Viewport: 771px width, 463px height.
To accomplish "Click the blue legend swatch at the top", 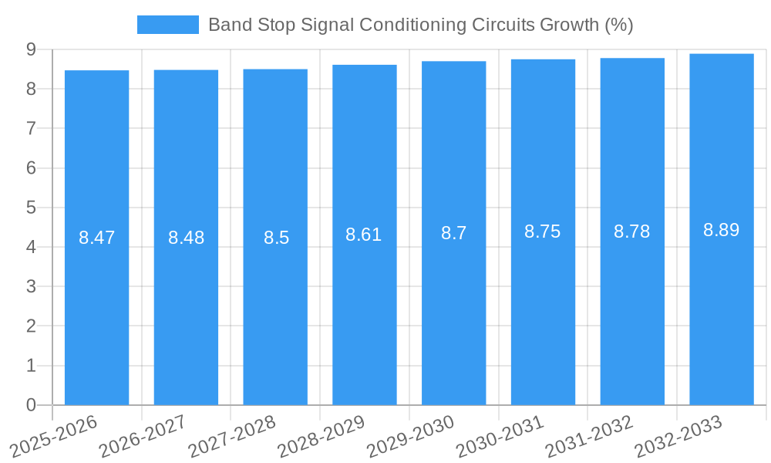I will tap(167, 25).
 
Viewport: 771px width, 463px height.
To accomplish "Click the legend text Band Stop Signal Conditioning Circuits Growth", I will tap(420, 25).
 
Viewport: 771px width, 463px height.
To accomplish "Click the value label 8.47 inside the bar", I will tap(96, 238).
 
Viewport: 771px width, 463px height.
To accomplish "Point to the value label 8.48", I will tap(186, 238).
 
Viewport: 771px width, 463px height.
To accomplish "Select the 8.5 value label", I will tap(276, 238).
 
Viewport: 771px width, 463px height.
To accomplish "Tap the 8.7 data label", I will tap(453, 233).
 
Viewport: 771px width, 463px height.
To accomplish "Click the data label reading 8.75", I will tap(543, 231).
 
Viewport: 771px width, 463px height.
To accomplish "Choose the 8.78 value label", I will tap(632, 231).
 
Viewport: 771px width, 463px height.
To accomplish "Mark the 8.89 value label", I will tap(722, 230).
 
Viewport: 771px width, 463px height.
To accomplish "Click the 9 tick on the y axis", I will tap(31, 49).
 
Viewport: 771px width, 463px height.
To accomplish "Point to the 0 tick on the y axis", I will tap(31, 405).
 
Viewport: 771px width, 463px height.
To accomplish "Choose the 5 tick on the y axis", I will tap(31, 208).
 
